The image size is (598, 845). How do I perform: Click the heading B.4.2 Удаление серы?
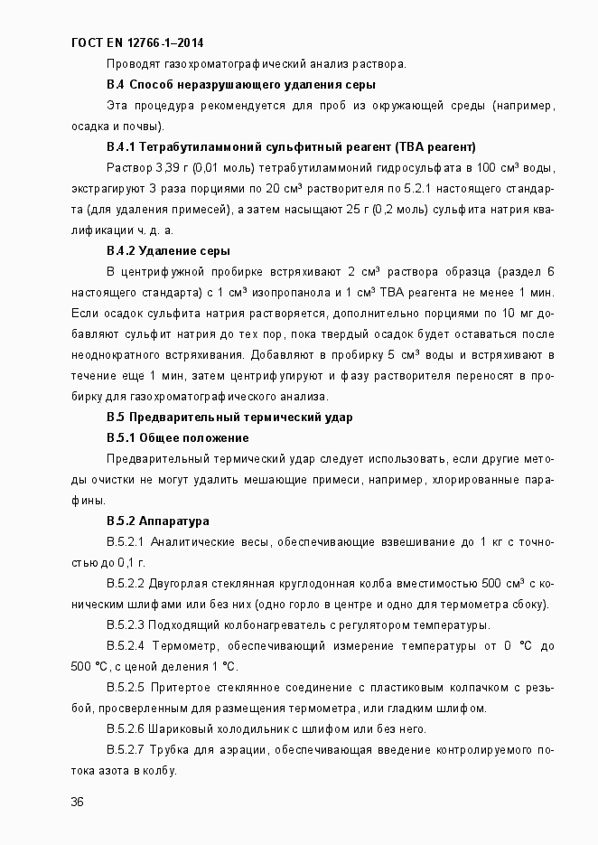point(167,250)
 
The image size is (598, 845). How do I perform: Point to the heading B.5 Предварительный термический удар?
point(229,417)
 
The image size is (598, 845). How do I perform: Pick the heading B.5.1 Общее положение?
point(177,437)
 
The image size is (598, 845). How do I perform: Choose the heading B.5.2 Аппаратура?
point(157,521)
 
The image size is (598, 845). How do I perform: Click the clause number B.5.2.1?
point(125,542)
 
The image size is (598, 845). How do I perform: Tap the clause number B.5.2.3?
point(125,625)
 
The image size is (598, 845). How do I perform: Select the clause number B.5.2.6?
point(125,729)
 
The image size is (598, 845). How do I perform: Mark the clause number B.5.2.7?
point(125,750)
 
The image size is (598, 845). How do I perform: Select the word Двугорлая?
point(176,584)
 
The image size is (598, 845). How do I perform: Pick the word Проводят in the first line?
point(132,63)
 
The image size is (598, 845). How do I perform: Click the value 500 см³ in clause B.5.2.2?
point(503,584)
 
